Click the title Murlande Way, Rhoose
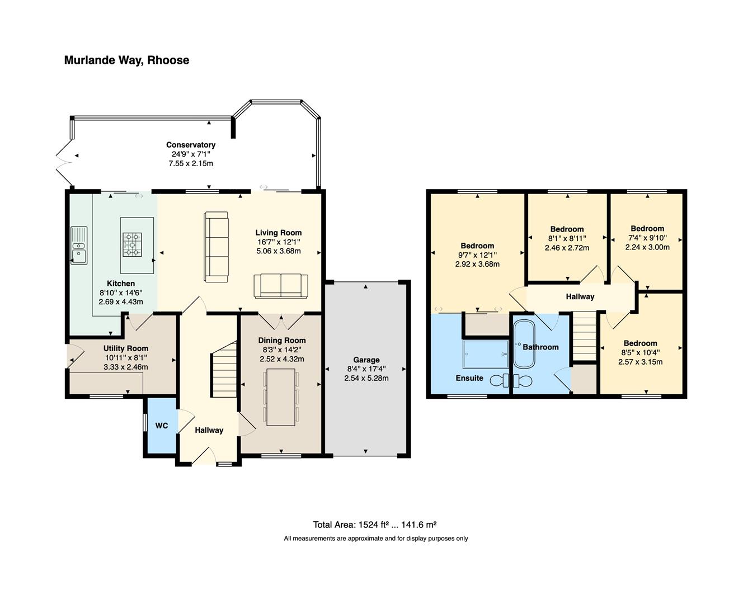point(126,60)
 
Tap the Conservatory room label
point(190,145)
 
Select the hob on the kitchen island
point(133,244)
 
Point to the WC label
point(161,426)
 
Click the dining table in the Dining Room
point(281,397)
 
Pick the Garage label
point(366,360)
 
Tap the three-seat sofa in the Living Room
point(217,246)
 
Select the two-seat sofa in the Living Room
point(281,286)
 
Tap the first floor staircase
point(585,336)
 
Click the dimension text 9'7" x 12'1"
point(477,255)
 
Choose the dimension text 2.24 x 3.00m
point(647,247)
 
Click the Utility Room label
point(126,348)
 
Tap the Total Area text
point(374,525)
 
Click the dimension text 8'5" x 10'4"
point(641,352)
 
